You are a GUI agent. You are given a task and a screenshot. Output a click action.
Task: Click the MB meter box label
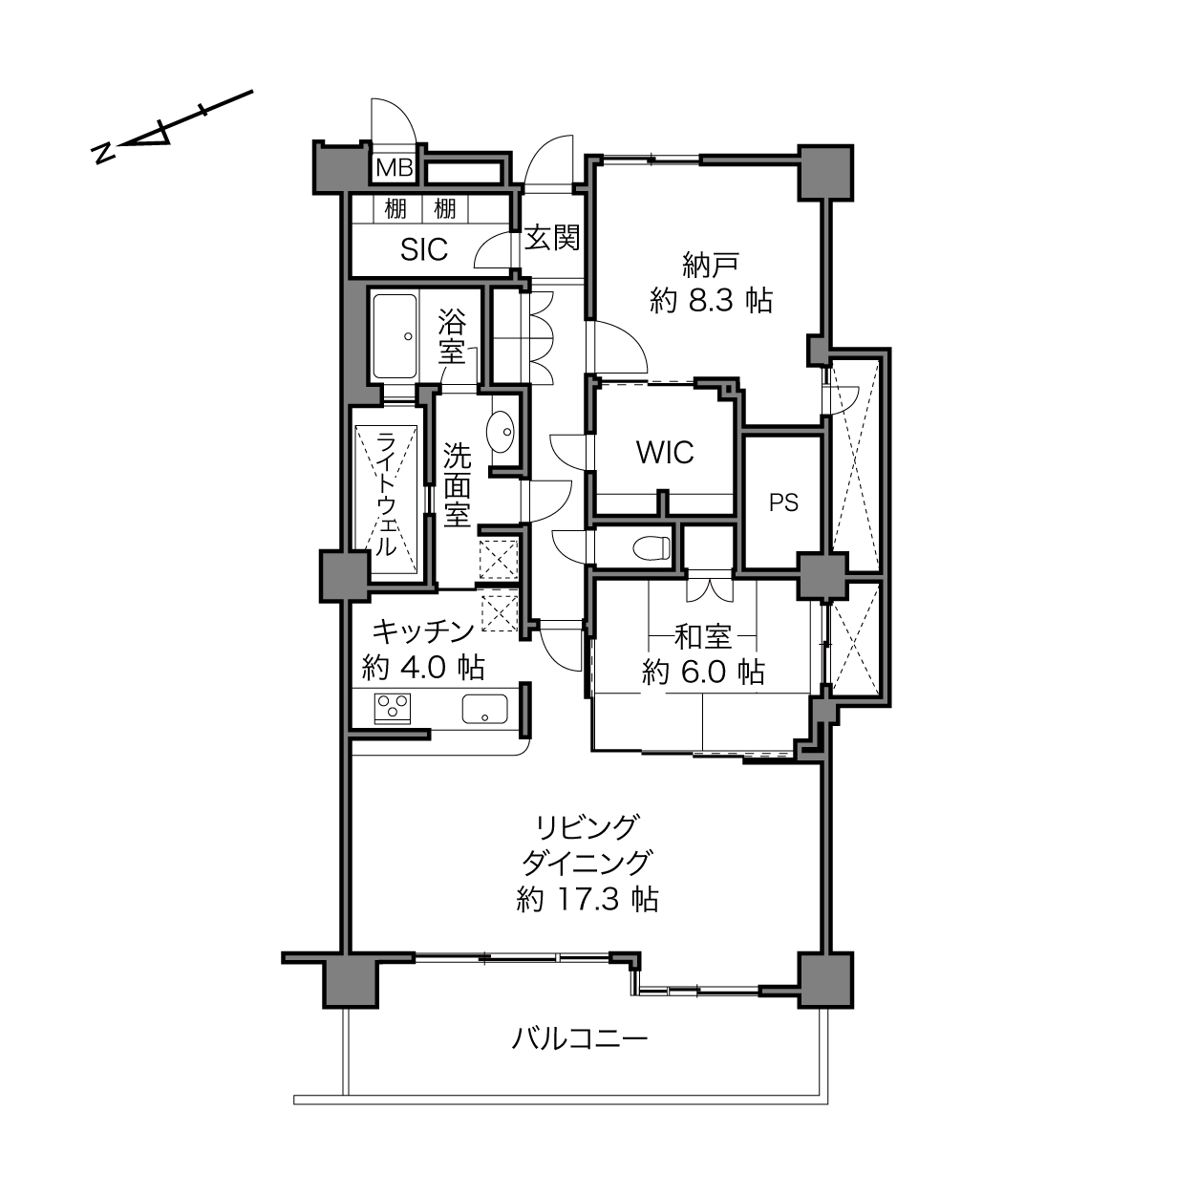[x=395, y=167]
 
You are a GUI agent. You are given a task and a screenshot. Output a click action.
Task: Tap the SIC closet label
[x=424, y=249]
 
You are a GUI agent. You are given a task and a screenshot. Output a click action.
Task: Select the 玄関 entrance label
[x=552, y=238]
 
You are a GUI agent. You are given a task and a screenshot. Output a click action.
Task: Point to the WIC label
[x=665, y=453]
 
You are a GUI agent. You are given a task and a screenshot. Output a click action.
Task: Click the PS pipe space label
[x=783, y=502]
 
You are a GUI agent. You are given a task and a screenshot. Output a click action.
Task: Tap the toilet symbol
[x=651, y=548]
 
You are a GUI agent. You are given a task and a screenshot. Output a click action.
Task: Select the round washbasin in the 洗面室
[x=502, y=432]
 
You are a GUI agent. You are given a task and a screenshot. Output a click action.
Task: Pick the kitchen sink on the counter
[x=484, y=709]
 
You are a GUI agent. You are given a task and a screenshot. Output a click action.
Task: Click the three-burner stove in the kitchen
[x=393, y=708]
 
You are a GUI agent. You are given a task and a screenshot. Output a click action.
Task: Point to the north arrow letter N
[x=102, y=153]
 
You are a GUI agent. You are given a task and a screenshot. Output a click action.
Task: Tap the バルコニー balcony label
[x=580, y=1038]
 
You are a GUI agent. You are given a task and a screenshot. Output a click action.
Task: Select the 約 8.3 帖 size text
[x=712, y=301]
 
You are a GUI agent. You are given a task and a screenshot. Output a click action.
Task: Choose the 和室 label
[x=703, y=637]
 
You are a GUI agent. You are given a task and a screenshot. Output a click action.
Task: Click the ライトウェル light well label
[x=386, y=495]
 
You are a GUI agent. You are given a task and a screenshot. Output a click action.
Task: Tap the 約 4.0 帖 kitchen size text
[x=423, y=667]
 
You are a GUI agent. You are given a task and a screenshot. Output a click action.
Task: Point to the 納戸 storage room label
[x=711, y=265]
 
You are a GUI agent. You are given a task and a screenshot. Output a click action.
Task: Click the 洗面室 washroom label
[x=457, y=484]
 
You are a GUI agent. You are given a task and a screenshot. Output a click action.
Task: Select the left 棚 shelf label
[x=395, y=208]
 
